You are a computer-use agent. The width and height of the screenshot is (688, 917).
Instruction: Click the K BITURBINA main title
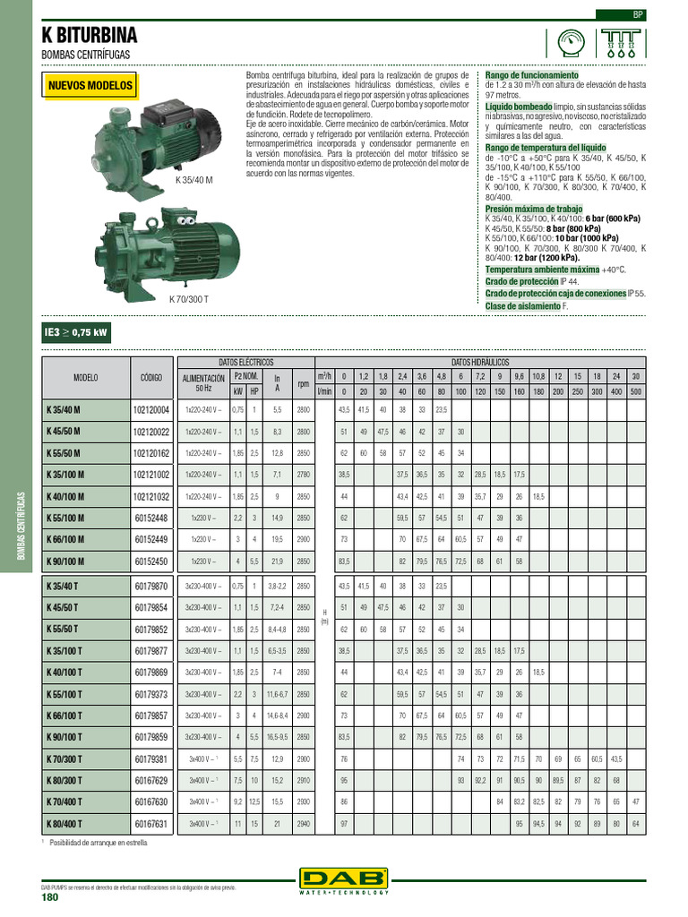tap(90, 36)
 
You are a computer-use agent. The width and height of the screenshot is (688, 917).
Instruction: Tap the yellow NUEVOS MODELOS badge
tap(90, 86)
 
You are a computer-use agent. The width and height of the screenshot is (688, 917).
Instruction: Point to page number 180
tap(49, 898)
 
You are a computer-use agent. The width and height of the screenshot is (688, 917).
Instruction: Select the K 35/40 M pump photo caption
tap(194, 180)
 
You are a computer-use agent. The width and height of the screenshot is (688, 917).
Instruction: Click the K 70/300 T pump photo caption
tap(189, 299)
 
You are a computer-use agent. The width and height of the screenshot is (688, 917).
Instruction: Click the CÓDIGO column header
tap(151, 378)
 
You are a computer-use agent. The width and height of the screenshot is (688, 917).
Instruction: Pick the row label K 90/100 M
tap(64, 561)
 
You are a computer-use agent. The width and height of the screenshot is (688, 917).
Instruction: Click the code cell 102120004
tap(151, 410)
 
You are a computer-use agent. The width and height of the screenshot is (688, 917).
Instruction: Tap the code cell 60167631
tap(151, 822)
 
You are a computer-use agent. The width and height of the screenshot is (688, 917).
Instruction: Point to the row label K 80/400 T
tap(64, 822)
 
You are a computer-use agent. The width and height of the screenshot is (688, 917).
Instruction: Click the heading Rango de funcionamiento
tap(531, 75)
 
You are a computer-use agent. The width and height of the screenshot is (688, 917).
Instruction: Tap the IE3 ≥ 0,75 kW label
tap(76, 333)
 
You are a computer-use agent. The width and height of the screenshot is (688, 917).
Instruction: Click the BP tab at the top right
tap(638, 15)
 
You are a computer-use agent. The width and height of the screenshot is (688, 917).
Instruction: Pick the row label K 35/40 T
tap(64, 586)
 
